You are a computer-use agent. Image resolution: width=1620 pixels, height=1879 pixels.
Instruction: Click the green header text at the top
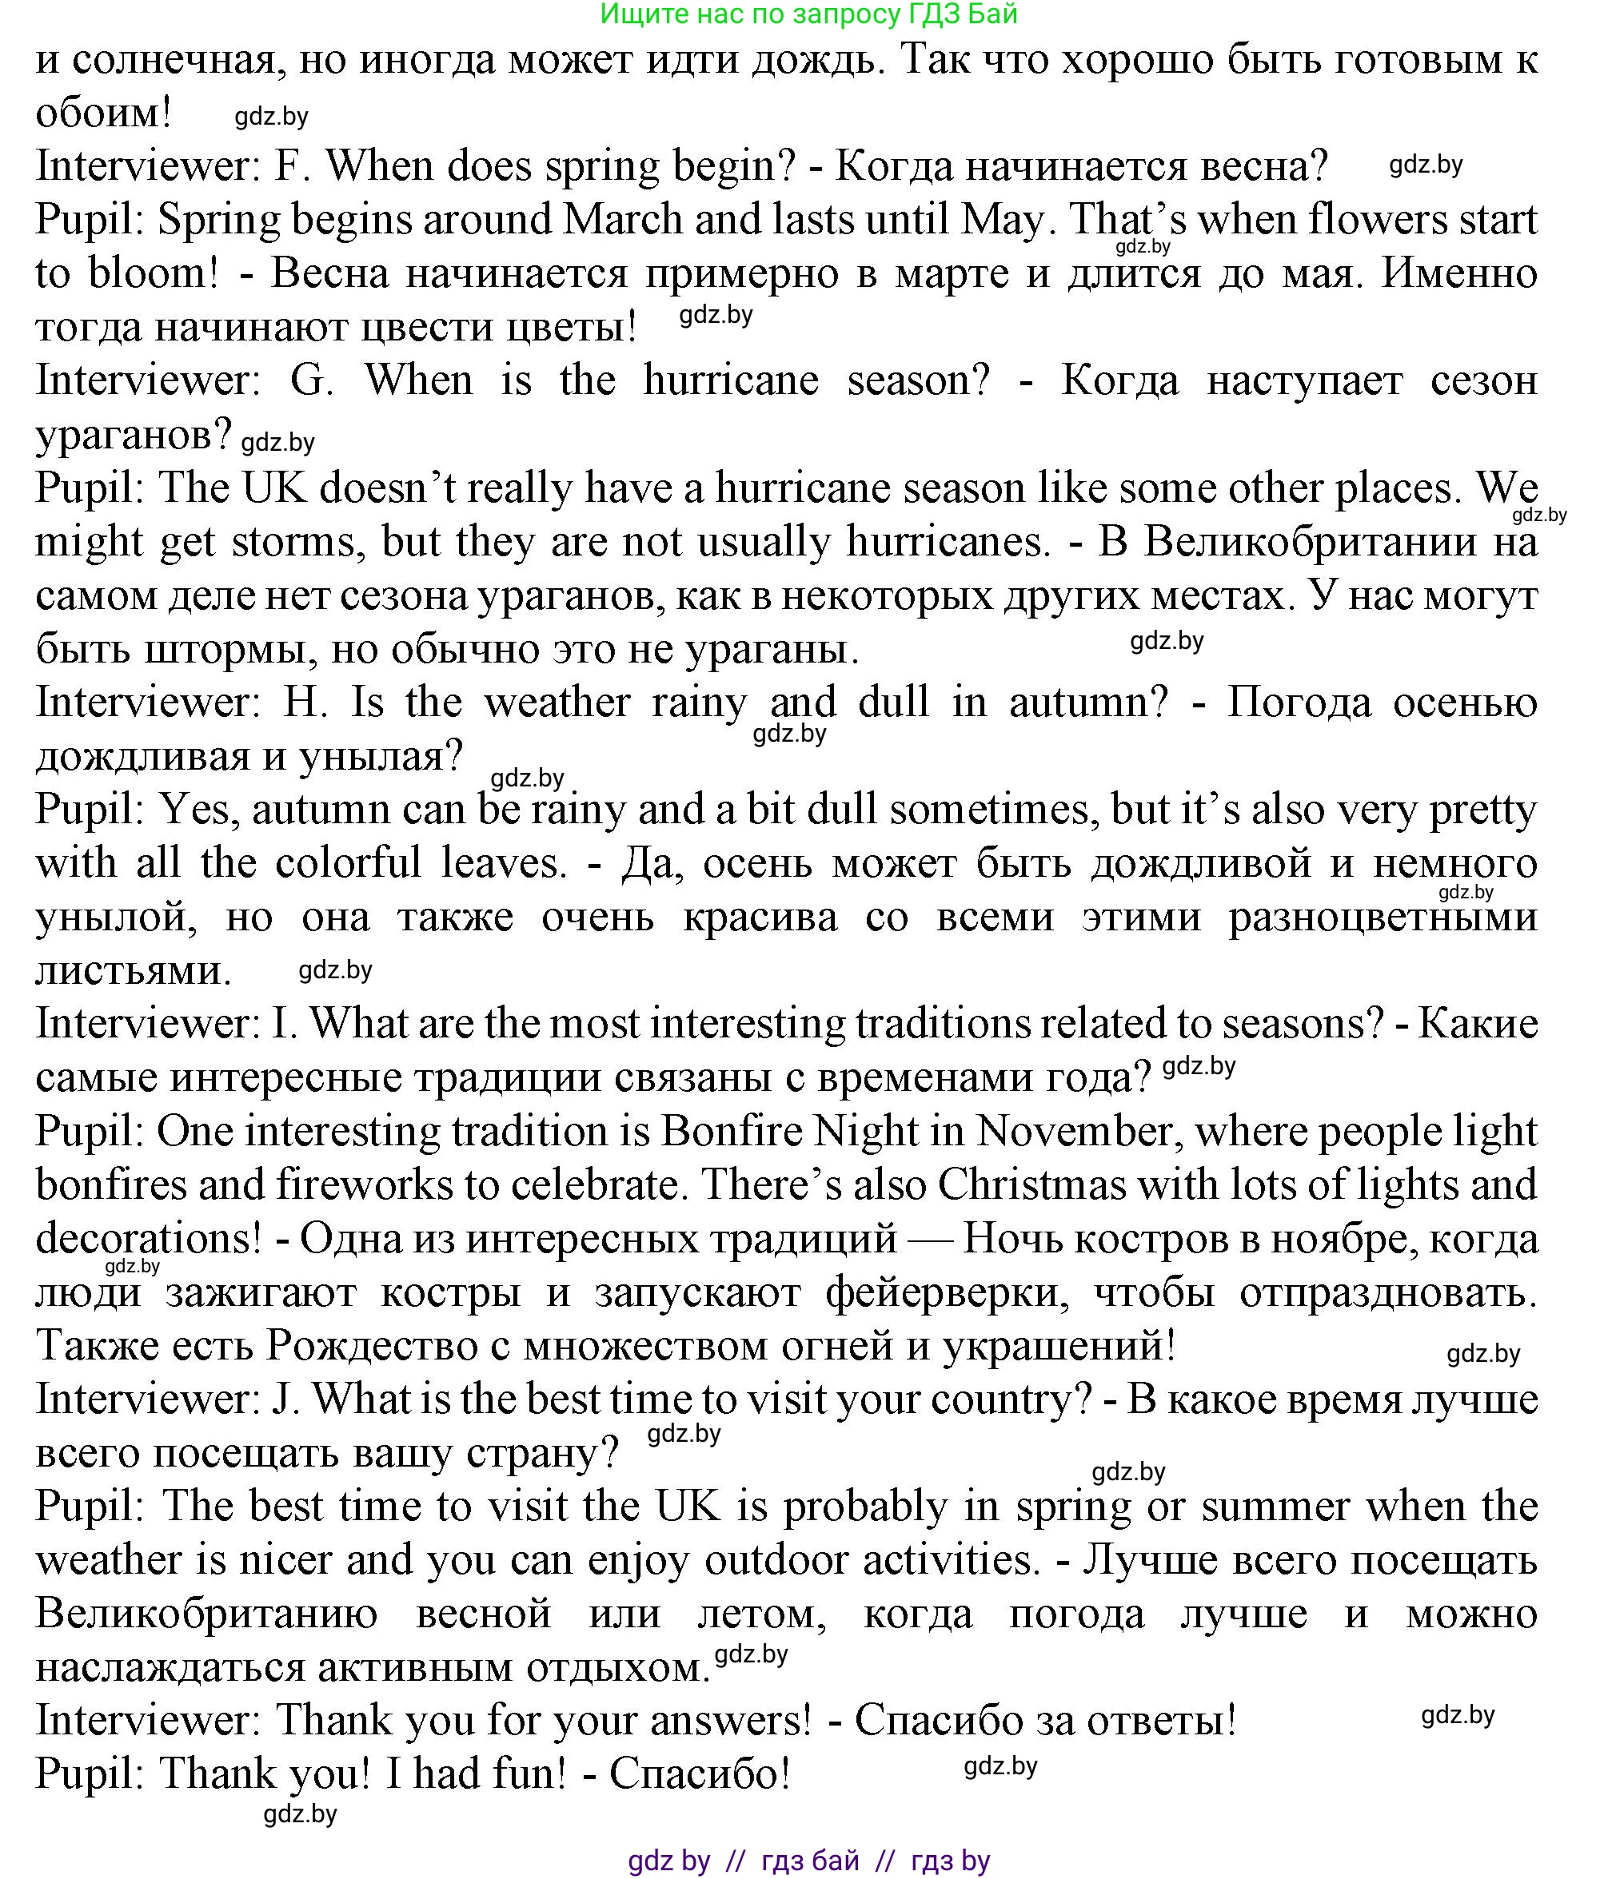809,14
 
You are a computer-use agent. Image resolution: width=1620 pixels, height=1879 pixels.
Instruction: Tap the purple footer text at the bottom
809,1860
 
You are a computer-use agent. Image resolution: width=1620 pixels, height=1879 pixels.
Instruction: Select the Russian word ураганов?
134,436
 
